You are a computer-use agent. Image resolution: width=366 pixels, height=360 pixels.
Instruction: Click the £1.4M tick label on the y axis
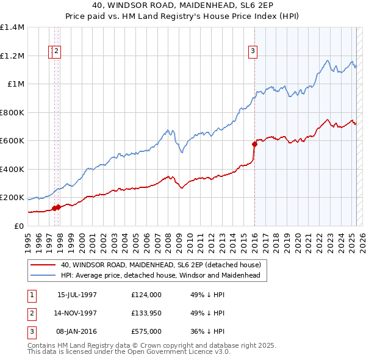[x=12, y=27]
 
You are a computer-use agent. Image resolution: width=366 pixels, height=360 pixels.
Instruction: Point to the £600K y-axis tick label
[x=12, y=141]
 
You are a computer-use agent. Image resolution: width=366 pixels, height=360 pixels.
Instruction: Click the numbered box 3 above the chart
[x=252, y=52]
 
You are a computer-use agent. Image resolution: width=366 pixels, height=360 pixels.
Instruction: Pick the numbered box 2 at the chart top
[x=56, y=52]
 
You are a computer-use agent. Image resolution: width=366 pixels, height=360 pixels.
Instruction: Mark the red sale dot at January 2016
[x=254, y=145]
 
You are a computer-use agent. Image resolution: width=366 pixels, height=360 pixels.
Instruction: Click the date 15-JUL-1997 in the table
[x=77, y=294]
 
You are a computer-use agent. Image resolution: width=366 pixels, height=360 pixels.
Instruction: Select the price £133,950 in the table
[x=146, y=313]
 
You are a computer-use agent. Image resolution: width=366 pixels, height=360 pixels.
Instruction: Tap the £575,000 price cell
[x=146, y=332]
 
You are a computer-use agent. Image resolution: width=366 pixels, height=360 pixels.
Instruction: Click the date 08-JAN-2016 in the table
[x=77, y=332]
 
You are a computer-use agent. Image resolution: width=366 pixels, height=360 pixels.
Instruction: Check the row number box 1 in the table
[x=31, y=294]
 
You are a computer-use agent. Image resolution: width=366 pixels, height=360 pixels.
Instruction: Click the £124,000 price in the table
[x=146, y=294]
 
